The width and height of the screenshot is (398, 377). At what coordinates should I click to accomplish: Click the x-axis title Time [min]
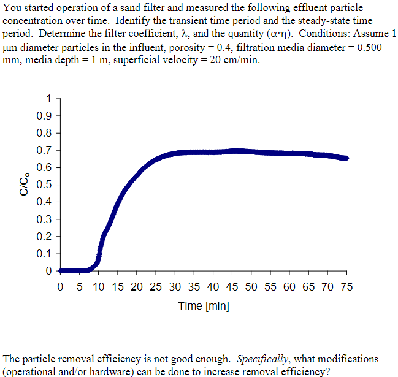pyautogui.click(x=204, y=305)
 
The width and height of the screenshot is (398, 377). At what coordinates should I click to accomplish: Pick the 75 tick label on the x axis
pyautogui.click(x=346, y=286)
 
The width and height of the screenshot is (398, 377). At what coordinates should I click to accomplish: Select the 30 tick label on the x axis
pyautogui.click(x=175, y=286)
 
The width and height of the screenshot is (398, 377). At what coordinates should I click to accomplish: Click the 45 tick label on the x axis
pyautogui.click(x=232, y=286)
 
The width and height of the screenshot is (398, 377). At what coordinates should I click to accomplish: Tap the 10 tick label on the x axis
pyautogui.click(x=98, y=286)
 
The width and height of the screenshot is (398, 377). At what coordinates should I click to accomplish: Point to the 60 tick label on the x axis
pyautogui.click(x=289, y=286)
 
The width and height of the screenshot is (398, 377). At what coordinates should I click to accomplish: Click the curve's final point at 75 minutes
pyautogui.click(x=346, y=158)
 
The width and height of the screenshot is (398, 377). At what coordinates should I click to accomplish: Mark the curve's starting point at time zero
pyautogui.click(x=60, y=270)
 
